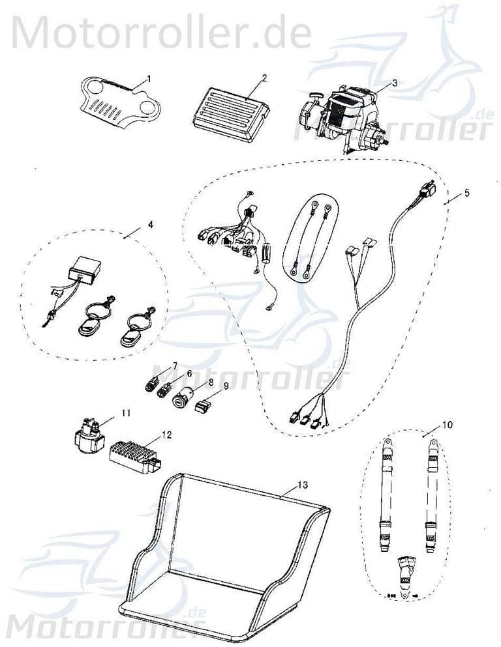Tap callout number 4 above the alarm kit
(x=150, y=225)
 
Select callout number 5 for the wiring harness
(x=466, y=194)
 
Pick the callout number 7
(x=175, y=364)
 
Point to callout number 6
(x=190, y=374)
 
